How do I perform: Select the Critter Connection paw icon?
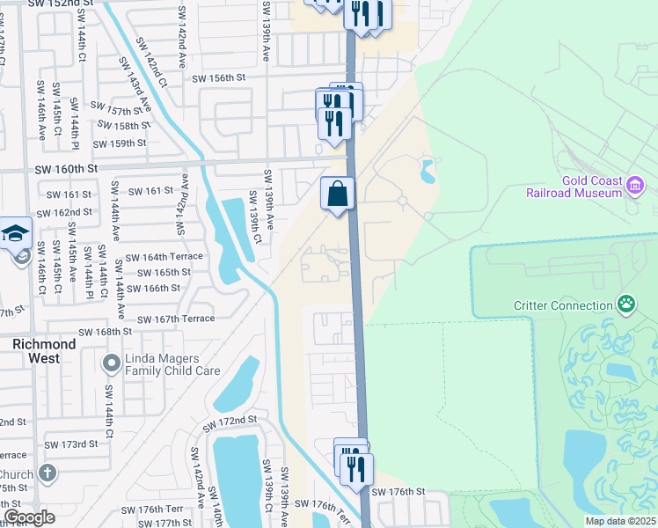click(x=625, y=304)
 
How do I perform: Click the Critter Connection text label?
click(x=564, y=306)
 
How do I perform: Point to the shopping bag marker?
click(x=338, y=194)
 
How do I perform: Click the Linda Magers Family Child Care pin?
click(x=111, y=363)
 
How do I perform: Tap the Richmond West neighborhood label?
click(x=36, y=351)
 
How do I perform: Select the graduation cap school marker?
click(x=16, y=234)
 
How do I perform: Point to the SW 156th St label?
click(x=218, y=78)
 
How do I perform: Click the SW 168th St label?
click(x=105, y=332)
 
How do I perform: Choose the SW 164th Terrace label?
click(x=164, y=257)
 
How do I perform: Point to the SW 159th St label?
click(x=121, y=143)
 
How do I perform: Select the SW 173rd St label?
click(x=72, y=444)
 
